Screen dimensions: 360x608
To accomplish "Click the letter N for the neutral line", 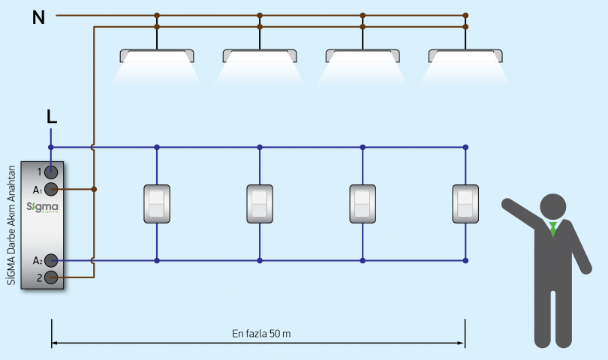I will click(x=38, y=16).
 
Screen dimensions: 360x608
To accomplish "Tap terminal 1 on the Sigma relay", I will click(x=51, y=172).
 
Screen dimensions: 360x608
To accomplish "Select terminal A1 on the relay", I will click(x=51, y=189).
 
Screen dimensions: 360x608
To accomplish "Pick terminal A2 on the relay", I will click(x=51, y=261).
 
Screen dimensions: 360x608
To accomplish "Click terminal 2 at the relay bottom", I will click(x=51, y=277).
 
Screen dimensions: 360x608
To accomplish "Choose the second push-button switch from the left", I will click(x=260, y=204).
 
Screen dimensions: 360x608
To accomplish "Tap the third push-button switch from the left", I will click(x=363, y=204).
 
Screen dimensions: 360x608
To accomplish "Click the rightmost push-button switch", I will click(x=465, y=204).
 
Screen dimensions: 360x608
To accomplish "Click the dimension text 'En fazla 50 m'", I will click(x=258, y=332).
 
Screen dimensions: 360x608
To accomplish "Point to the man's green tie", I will click(x=553, y=229).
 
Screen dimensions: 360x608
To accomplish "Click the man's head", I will click(x=553, y=207).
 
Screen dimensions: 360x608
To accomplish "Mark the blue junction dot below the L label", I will click(x=51, y=147).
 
